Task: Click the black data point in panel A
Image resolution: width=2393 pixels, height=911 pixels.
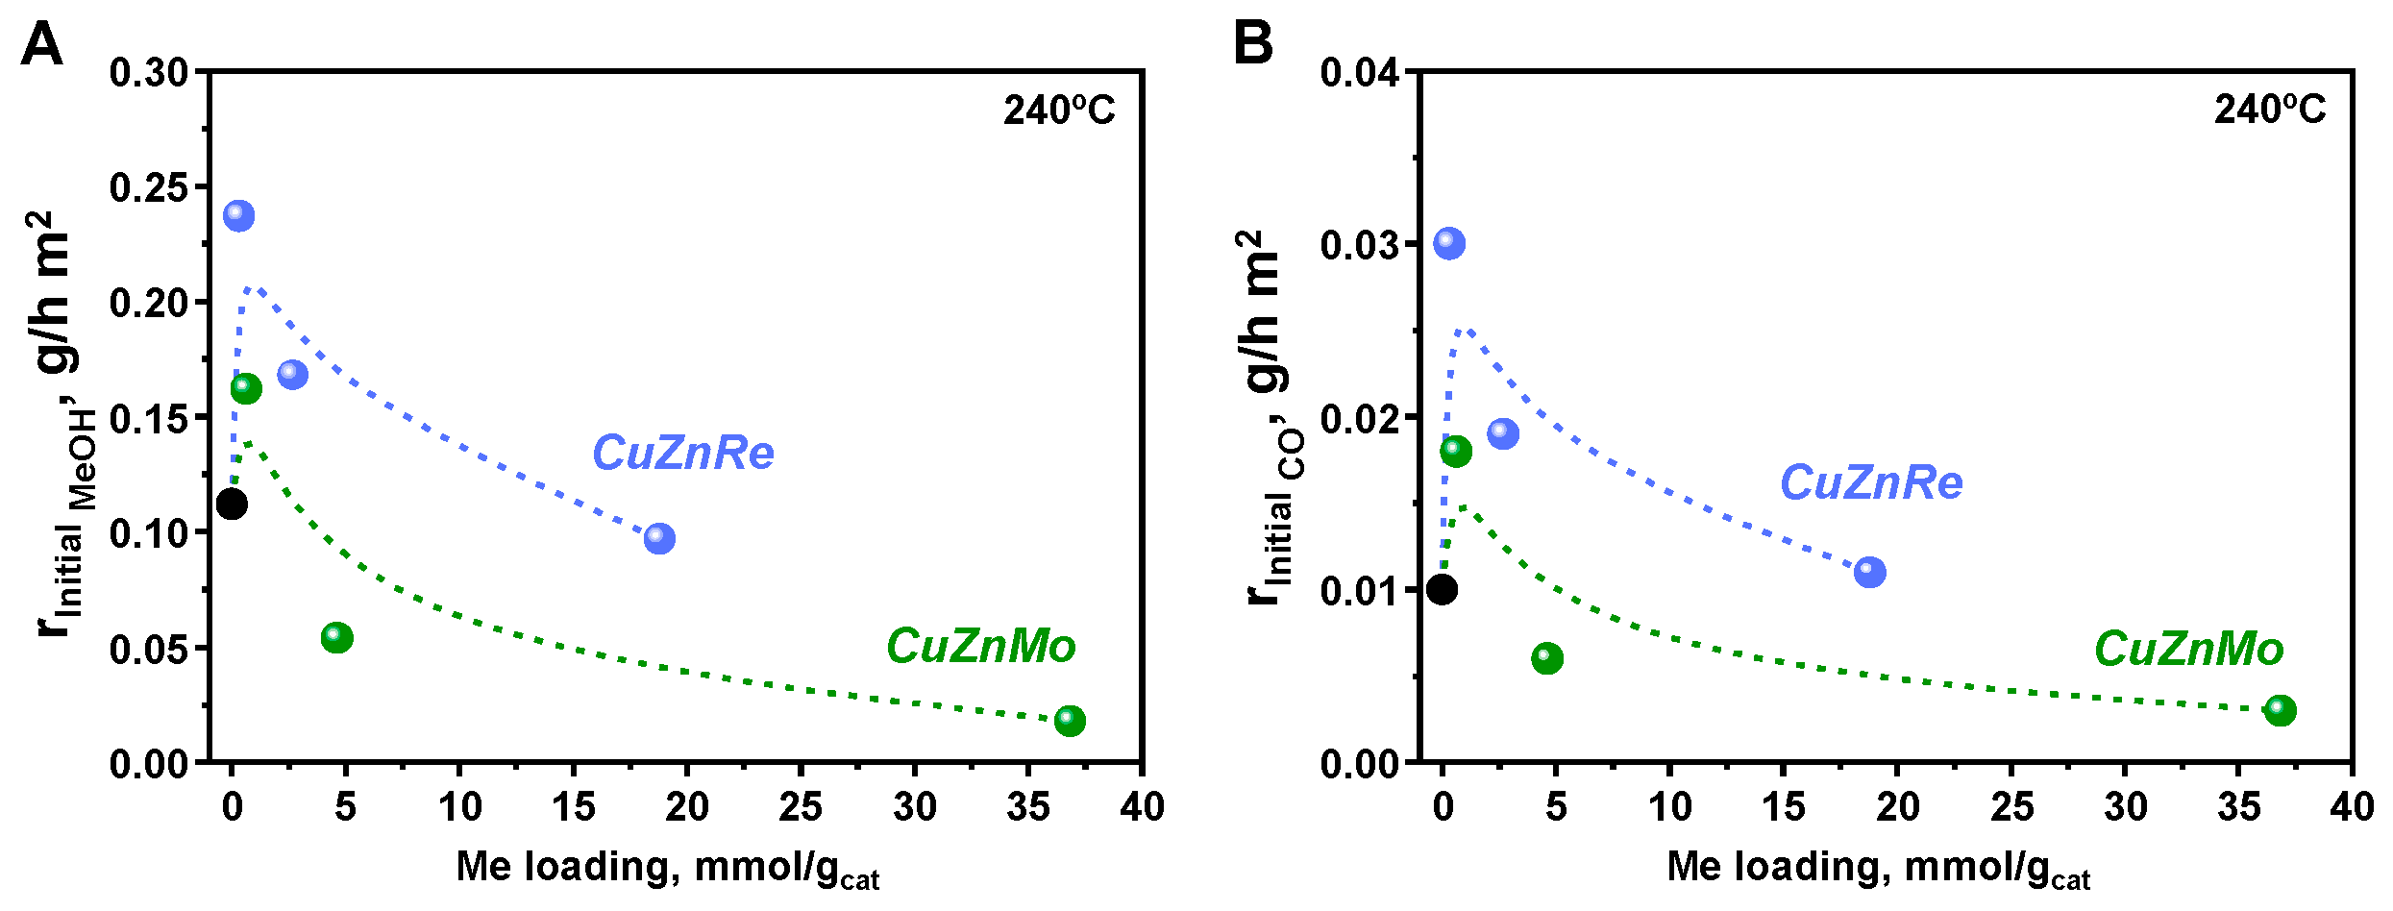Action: tap(232, 504)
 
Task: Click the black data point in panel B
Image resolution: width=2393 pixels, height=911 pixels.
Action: tap(1442, 589)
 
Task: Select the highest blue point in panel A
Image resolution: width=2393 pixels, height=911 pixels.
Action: tap(239, 215)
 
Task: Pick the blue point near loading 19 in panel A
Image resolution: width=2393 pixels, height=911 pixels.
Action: tap(659, 538)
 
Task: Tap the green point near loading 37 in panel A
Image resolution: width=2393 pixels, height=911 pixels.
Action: tap(1070, 721)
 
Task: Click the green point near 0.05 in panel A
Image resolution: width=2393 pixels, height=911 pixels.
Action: tap(337, 637)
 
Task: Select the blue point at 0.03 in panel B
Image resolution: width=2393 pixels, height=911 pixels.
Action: tap(1449, 243)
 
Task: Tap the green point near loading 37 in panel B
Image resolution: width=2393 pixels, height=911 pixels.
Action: tap(2281, 711)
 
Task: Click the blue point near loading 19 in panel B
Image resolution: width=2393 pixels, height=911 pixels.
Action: tap(1870, 573)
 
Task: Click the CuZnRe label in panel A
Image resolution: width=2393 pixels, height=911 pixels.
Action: tap(682, 453)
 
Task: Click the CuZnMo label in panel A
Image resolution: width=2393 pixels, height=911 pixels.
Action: tap(980, 646)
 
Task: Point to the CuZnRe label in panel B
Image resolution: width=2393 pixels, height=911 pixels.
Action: tap(1871, 482)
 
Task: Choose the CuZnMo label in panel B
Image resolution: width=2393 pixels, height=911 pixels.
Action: tap(2189, 649)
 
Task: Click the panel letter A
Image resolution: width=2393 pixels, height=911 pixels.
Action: tap(41, 44)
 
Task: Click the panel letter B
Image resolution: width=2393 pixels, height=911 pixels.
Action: tap(1252, 44)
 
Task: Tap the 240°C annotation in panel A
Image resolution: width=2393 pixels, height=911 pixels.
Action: tap(1059, 111)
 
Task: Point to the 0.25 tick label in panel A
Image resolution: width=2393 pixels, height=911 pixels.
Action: tap(149, 187)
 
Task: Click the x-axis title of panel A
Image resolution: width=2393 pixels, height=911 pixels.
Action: tap(667, 868)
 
